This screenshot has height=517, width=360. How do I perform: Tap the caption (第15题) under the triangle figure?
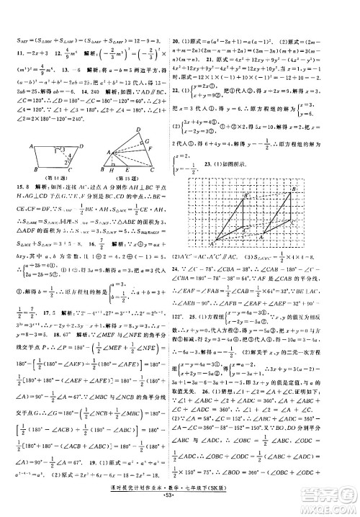tap(126, 189)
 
